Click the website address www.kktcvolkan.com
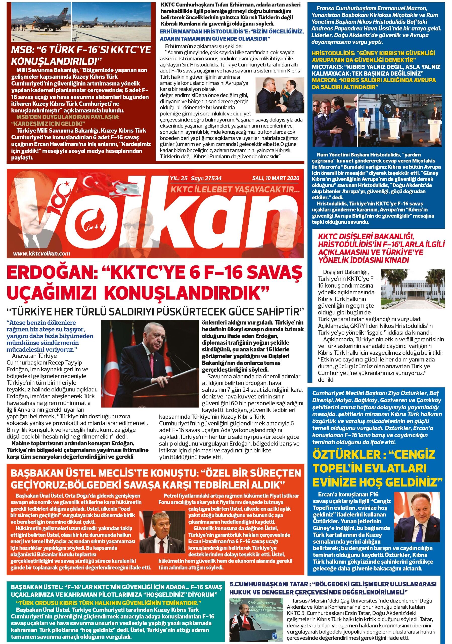41,254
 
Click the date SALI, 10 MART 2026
276,178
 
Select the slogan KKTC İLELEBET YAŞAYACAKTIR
235,190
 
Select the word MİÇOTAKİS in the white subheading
327,67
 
